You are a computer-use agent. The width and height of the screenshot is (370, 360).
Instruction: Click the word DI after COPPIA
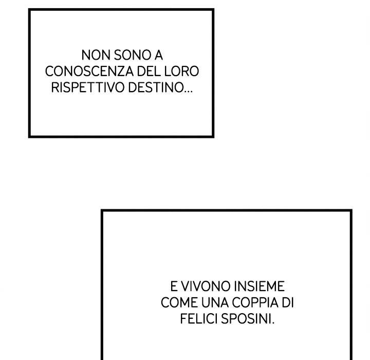(288, 302)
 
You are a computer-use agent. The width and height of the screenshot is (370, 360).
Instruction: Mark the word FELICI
(199, 319)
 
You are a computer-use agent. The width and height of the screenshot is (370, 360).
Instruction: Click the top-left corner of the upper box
(30, 10)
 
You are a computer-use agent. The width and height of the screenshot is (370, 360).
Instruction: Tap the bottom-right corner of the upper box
(212, 136)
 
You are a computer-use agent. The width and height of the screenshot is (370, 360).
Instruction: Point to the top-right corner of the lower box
(350, 211)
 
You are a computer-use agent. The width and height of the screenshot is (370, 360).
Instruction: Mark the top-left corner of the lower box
(103, 211)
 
